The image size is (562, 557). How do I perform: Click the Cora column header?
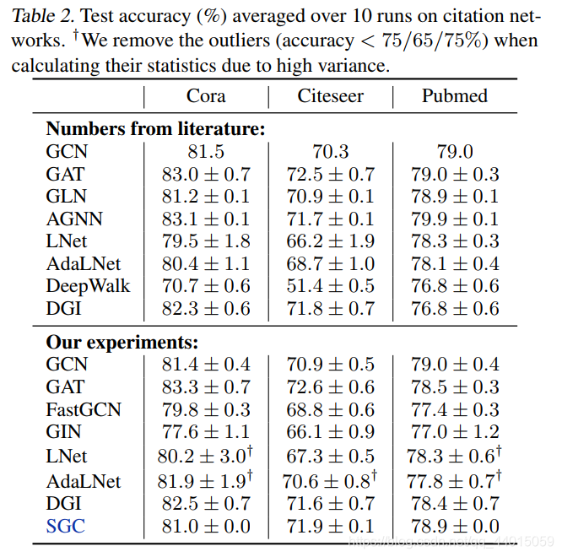206,96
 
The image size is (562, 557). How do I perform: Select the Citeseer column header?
331,96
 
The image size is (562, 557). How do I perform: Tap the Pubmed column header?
455,96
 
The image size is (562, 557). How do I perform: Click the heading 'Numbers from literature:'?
156,129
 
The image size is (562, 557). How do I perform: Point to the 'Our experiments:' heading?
122,343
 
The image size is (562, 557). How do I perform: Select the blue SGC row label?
66,527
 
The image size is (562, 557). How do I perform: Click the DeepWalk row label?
88,285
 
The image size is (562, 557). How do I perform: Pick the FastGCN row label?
84,410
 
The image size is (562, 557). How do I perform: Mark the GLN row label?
66,197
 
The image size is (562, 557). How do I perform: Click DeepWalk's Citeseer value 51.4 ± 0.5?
331,285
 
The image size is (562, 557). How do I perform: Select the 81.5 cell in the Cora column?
206,152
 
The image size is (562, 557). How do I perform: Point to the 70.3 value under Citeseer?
331,152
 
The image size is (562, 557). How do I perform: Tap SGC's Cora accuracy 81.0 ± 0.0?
206,527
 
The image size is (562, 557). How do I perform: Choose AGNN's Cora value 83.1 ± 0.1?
206,219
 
